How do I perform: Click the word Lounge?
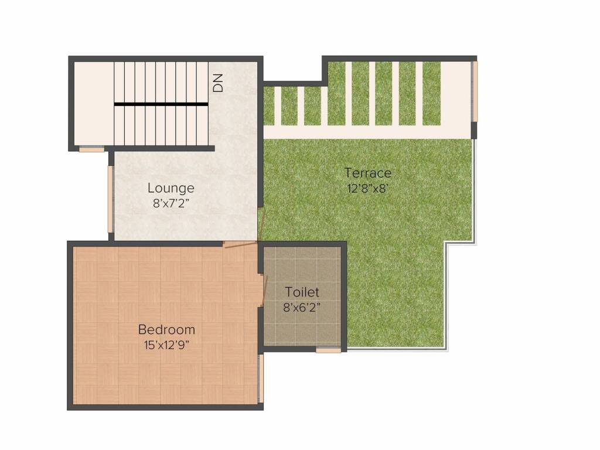171,189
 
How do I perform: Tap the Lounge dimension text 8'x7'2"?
171,204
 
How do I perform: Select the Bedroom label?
166,329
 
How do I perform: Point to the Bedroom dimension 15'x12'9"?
166,345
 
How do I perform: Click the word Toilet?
302,292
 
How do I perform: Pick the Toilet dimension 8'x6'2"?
302,306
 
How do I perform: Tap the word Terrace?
367,173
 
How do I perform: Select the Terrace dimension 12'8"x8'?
367,189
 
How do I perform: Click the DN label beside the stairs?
218,84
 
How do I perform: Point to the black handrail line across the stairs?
161,104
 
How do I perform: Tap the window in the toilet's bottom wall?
328,350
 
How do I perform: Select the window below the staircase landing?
91,149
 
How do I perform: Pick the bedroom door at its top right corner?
240,245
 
